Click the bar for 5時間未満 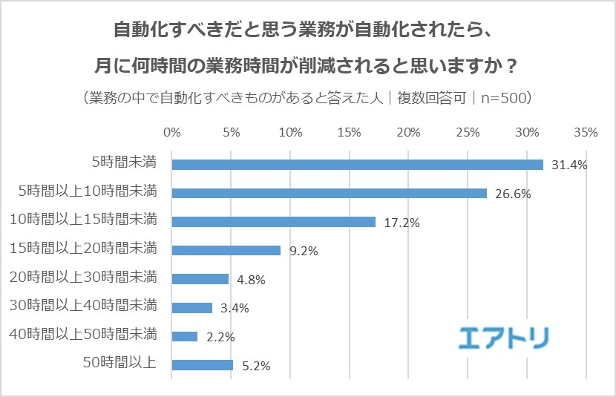coord(357,165)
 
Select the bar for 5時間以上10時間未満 coord(329,193)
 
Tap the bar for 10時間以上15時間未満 coord(273,222)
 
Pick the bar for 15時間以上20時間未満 coord(226,250)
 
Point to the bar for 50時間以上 coord(202,365)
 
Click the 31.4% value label coord(569,165)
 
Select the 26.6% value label coord(512,193)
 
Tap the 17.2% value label coord(402,222)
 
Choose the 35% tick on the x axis coord(586,133)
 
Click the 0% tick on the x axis coord(171,133)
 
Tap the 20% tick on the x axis coord(408,133)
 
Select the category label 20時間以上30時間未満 coord(83,278)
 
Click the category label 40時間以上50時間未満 coord(83,335)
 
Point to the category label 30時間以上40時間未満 coord(83,306)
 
